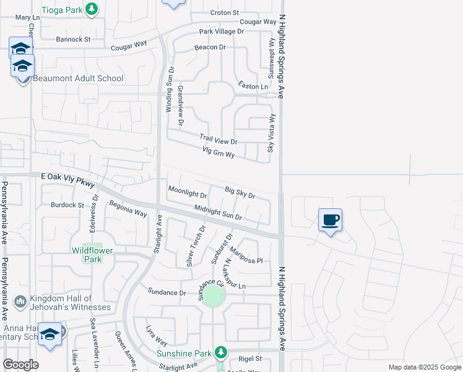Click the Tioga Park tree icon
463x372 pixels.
tap(92, 9)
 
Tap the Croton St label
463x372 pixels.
tap(224, 12)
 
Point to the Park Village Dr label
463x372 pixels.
tap(222, 31)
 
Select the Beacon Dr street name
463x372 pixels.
tap(210, 47)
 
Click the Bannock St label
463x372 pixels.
tap(73, 39)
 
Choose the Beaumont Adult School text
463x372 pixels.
tap(78, 79)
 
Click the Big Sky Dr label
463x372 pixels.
tap(240, 193)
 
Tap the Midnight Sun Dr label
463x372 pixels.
tap(217, 213)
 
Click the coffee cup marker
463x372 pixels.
tap(330, 219)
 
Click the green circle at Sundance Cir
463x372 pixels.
tap(214, 294)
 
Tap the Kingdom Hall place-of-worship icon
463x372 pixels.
tap(20, 302)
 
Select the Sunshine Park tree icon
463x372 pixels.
tap(221, 353)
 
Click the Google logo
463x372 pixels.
tap(21, 365)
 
